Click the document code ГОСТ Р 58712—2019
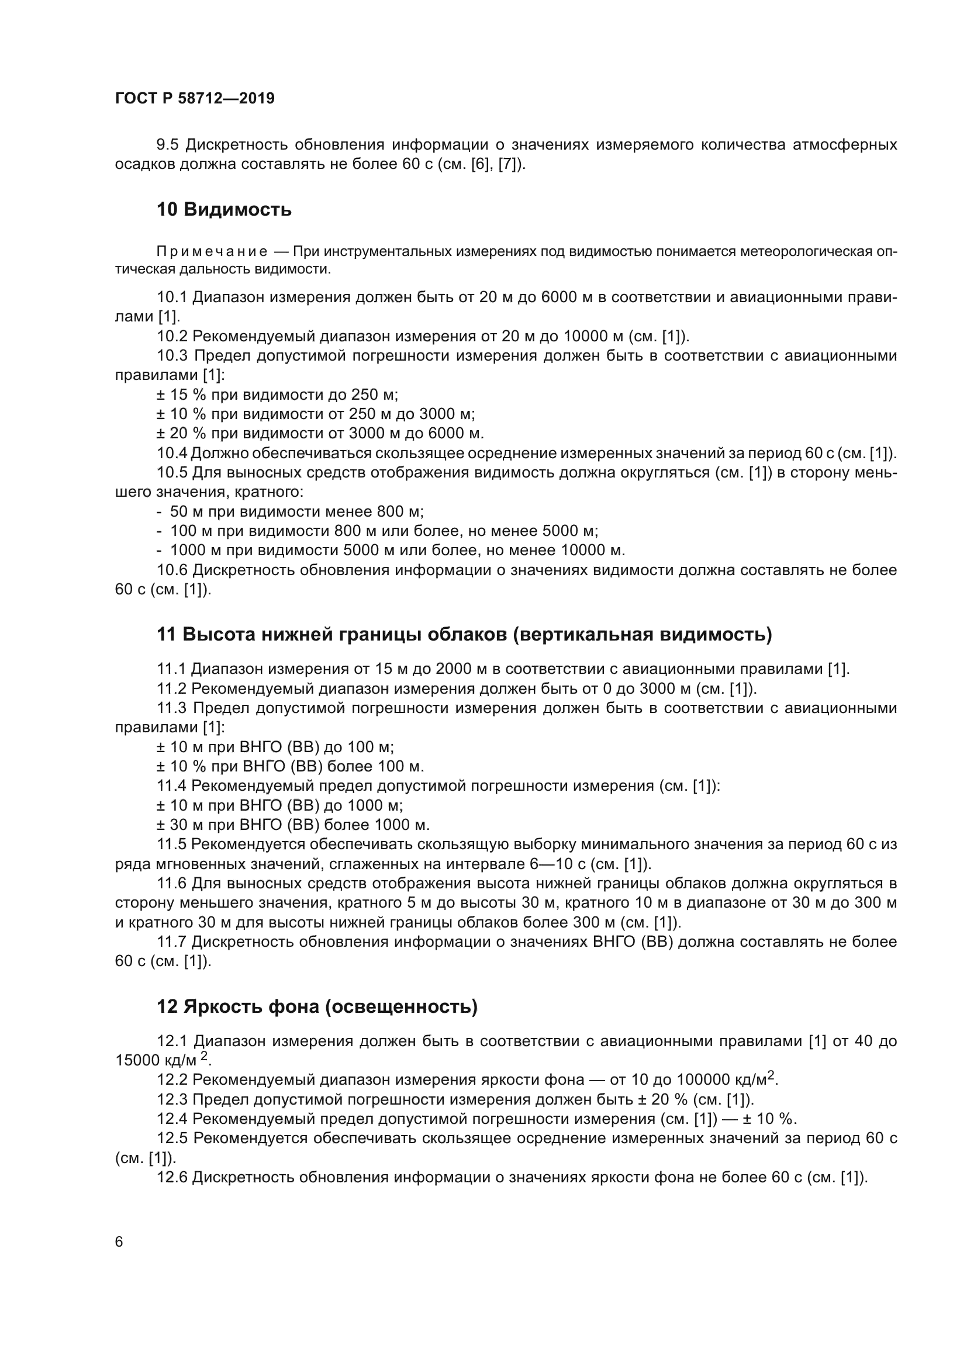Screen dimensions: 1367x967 point(195,99)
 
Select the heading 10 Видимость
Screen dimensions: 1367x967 point(224,210)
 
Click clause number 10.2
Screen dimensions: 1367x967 point(171,337)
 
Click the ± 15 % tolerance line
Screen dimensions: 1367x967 point(277,394)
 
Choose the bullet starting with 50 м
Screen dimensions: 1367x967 point(296,511)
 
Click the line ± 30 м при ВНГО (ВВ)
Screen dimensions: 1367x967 point(292,825)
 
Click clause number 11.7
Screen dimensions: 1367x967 point(171,942)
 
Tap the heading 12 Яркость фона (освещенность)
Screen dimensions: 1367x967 point(317,1006)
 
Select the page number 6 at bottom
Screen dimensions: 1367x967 point(119,1242)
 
